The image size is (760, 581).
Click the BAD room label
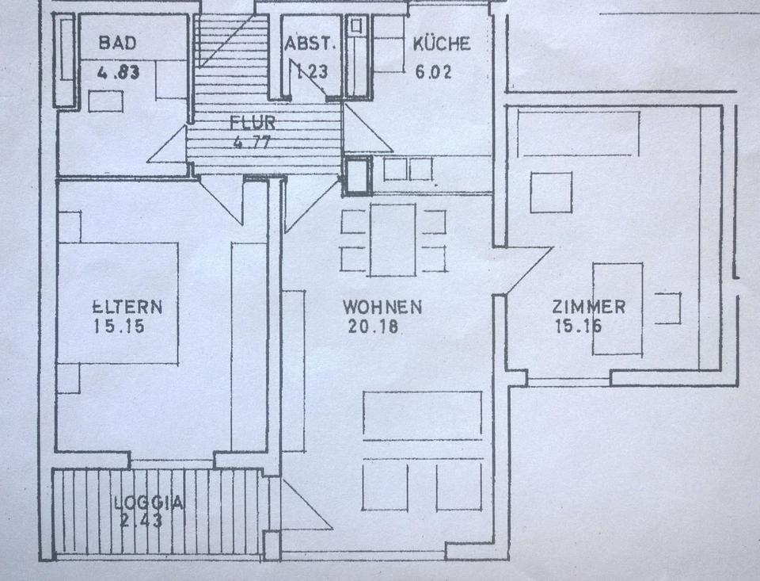click(117, 44)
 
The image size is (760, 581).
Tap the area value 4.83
click(118, 73)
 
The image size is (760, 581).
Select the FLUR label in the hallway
click(252, 123)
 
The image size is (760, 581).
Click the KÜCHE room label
click(441, 44)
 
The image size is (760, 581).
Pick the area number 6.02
click(435, 72)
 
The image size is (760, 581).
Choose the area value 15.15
click(118, 326)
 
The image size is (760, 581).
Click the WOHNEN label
click(382, 307)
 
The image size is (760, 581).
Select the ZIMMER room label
click(589, 307)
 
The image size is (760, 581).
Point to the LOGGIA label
click(149, 502)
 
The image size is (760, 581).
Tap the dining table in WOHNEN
click(393, 240)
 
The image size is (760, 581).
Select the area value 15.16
click(578, 326)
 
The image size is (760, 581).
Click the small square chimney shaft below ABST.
click(357, 175)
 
